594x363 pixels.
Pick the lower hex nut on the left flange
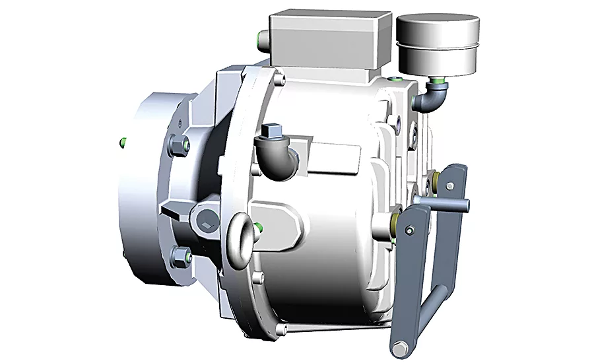tap(179, 255)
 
